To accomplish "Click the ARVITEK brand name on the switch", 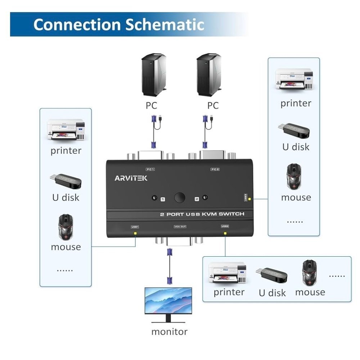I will click(x=131, y=178).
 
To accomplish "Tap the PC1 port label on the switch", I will click(x=150, y=169).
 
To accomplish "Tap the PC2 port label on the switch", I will click(x=215, y=169).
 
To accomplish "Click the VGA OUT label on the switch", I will click(x=180, y=226).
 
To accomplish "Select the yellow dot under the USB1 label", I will click(x=135, y=233).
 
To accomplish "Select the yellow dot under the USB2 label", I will click(x=225, y=233).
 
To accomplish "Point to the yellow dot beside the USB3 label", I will click(x=250, y=198).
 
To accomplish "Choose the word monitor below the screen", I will click(x=169, y=332).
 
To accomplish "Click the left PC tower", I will click(x=154, y=74).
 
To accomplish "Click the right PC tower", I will click(x=208, y=74).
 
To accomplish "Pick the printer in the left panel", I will click(x=66, y=130).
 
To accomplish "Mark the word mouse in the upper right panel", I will click(x=296, y=197).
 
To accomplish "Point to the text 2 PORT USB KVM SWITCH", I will click(x=202, y=214).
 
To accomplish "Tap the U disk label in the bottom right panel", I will click(x=272, y=293).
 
